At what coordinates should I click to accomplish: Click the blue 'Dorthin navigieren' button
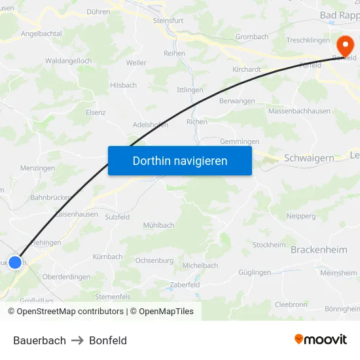coord(180,160)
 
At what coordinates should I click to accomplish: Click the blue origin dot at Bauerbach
coord(15,262)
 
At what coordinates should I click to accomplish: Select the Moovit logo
coord(321,340)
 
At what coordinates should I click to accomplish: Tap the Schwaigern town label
coord(309,158)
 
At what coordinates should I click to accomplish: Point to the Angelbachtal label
coord(41,33)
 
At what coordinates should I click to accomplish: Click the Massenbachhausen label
coord(299,111)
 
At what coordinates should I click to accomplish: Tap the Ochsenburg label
coord(154,261)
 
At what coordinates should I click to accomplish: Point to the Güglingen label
coord(255,272)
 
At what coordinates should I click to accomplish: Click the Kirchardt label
coord(247,69)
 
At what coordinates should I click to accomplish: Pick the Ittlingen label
coord(190,90)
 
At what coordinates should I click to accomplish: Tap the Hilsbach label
coord(123,85)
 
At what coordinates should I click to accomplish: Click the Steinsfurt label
coord(168,20)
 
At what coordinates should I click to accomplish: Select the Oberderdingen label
coord(66,277)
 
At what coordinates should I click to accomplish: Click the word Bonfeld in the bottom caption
coord(108,340)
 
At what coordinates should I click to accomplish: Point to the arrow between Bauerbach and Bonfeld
coord(78,340)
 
